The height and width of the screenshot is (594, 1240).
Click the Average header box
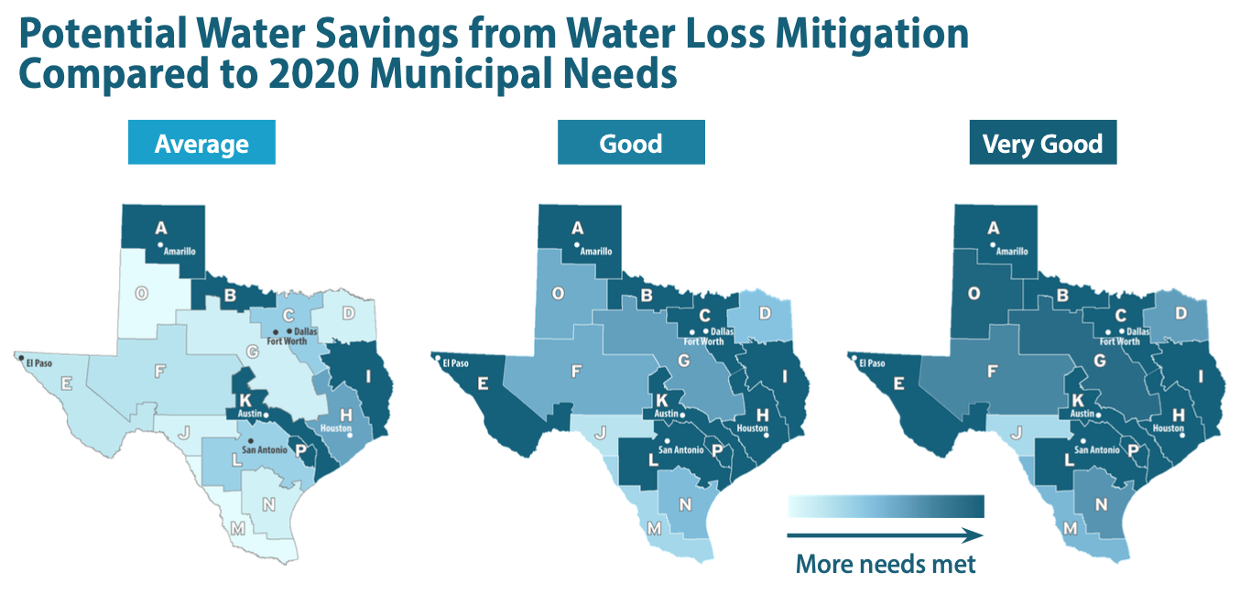201,144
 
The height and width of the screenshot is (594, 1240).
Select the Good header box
631,144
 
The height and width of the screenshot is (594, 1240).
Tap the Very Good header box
1042,144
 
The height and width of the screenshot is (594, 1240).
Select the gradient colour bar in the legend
886,506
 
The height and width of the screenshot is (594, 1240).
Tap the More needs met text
886,564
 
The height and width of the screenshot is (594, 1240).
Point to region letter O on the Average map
141,293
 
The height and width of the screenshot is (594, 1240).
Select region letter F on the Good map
576,373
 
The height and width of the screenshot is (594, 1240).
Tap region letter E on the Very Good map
898,383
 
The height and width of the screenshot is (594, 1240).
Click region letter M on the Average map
237,528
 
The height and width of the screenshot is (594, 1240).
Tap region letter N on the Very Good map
1101,502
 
